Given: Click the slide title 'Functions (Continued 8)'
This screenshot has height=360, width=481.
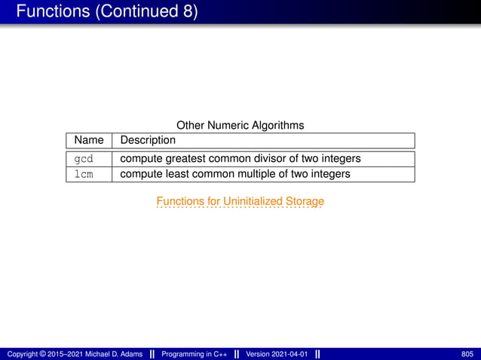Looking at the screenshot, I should tap(106, 12).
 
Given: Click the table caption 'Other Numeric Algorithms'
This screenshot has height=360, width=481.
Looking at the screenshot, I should tap(240, 125).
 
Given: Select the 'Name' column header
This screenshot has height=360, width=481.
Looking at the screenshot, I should tap(89, 140).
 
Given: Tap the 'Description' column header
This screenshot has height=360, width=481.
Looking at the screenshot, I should tap(148, 140).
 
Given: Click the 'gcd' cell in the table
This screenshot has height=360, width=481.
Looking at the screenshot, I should tap(83, 159).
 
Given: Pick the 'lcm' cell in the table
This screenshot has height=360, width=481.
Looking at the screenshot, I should tap(83, 174).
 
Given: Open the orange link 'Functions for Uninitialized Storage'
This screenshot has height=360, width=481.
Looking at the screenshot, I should tap(240, 201).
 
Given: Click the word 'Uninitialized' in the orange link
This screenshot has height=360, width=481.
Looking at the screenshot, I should tap(251, 201).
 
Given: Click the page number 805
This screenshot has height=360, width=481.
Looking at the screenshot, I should tap(467, 354).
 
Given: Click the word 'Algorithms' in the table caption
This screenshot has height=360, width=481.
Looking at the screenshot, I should tap(277, 125).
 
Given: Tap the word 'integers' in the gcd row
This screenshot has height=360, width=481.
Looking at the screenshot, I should tap(340, 159).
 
